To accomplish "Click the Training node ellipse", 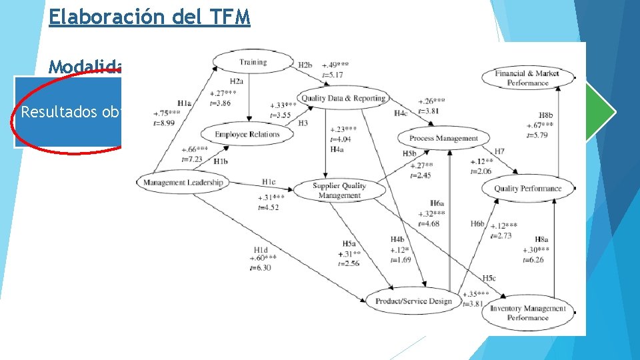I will [x=252, y=62].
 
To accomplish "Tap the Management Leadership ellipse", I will [x=183, y=182].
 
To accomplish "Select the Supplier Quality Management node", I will [x=339, y=190].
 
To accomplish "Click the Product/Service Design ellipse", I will [x=413, y=301].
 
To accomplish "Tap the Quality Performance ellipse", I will [x=527, y=189].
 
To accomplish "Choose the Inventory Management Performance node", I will [x=527, y=313].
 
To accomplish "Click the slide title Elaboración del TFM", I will [x=149, y=16].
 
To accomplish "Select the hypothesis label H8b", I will [x=545, y=115].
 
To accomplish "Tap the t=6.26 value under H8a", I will [x=534, y=259].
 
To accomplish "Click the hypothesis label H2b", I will [x=305, y=65].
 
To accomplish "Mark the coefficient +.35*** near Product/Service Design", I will [x=475, y=293].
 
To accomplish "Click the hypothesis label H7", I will [x=499, y=152].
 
